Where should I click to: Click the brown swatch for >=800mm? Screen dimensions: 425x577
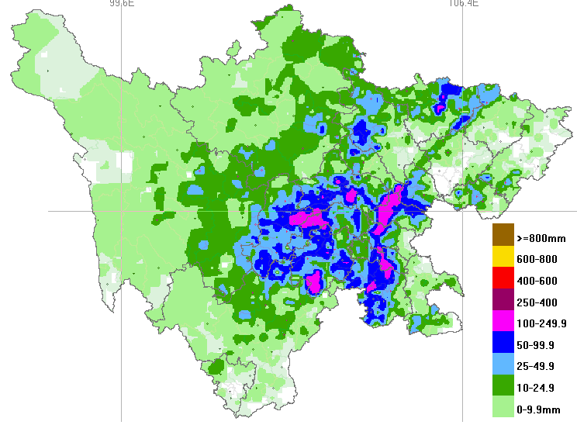coord(503,234)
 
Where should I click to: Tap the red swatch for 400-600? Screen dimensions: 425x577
coord(503,276)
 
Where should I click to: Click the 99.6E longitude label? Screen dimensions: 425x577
coord(122,4)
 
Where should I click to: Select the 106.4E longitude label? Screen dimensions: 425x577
coord(462,4)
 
